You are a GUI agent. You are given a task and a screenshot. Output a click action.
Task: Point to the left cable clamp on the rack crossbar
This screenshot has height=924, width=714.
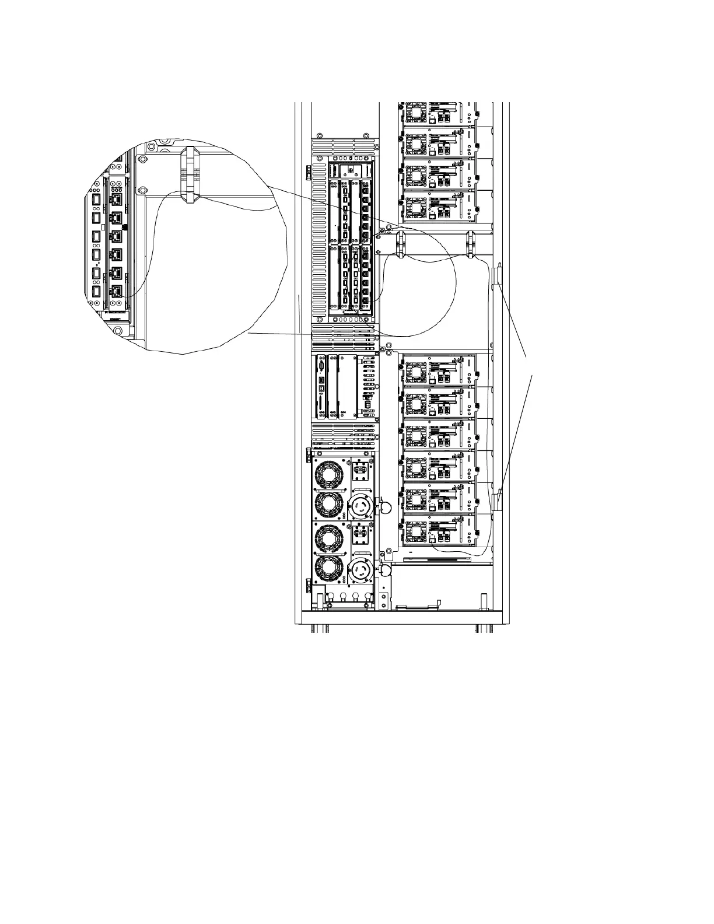[401, 243]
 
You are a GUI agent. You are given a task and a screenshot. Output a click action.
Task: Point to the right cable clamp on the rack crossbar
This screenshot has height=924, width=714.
[471, 244]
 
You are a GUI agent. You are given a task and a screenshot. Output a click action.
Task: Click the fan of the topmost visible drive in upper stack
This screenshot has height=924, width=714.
[416, 111]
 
